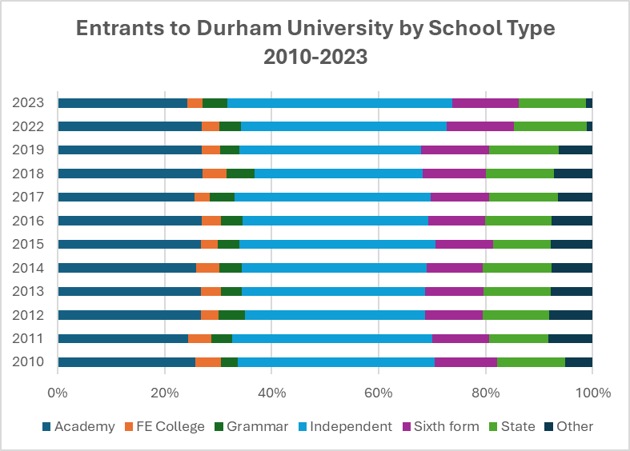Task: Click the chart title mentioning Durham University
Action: pos(315,43)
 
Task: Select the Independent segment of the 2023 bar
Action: pos(339,103)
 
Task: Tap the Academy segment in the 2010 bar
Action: pos(126,362)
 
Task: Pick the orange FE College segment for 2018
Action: pos(215,174)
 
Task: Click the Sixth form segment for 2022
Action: pos(480,126)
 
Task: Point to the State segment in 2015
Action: pos(522,244)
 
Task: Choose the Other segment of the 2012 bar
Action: pos(571,315)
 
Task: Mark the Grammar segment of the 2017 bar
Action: pos(222,197)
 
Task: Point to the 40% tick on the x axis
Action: pos(271,393)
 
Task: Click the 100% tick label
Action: pos(593,393)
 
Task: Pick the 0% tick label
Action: pos(58,393)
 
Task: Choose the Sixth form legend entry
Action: pos(441,426)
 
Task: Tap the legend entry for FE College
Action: pos(168,426)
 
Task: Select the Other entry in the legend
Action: pos(569,426)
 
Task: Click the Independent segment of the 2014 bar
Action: pos(334,268)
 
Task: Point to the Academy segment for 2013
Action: pos(129,291)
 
